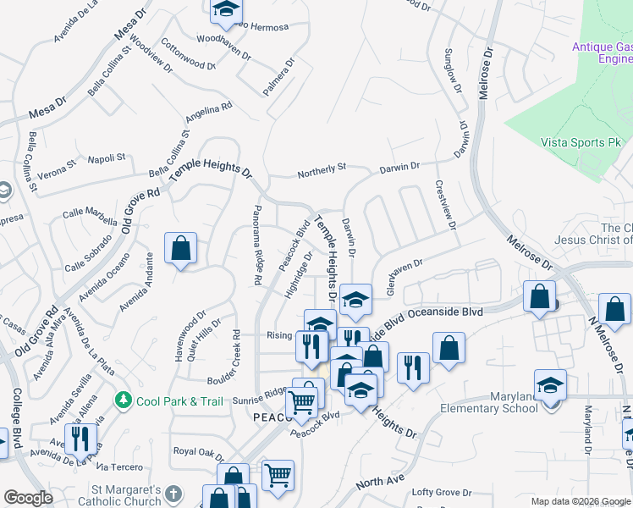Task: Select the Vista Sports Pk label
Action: point(581,142)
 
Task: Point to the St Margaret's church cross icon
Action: point(173,494)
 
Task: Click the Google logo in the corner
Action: point(29,498)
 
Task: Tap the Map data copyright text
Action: point(580,501)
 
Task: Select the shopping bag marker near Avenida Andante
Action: point(180,250)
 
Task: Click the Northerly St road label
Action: point(322,172)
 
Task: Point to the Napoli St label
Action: point(107,158)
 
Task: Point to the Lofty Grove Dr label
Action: point(441,492)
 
